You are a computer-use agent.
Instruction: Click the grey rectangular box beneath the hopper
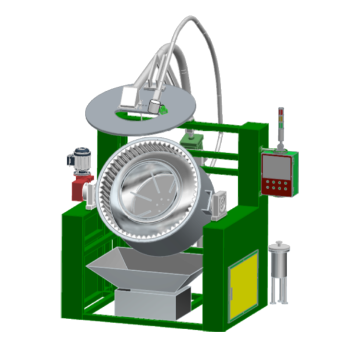[146, 302]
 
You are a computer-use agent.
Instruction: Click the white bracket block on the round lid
[129, 99]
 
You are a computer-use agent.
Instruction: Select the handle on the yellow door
[231, 290]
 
